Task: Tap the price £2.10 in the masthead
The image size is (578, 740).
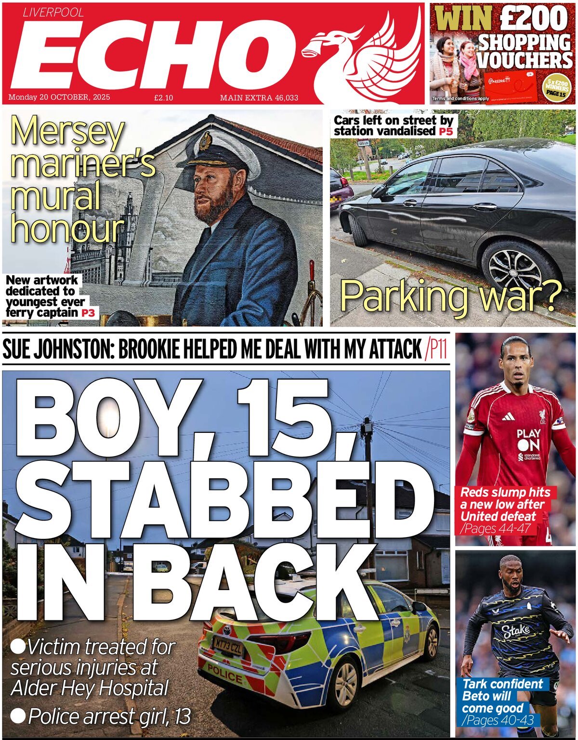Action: point(163,98)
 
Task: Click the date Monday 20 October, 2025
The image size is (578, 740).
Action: point(59,97)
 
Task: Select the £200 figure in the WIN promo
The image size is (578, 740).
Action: point(534,19)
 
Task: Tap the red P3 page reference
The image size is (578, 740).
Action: point(88,313)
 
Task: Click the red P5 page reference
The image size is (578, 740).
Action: point(446,131)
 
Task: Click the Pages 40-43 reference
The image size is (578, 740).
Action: point(498,720)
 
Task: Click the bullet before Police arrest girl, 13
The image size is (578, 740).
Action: point(18,715)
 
